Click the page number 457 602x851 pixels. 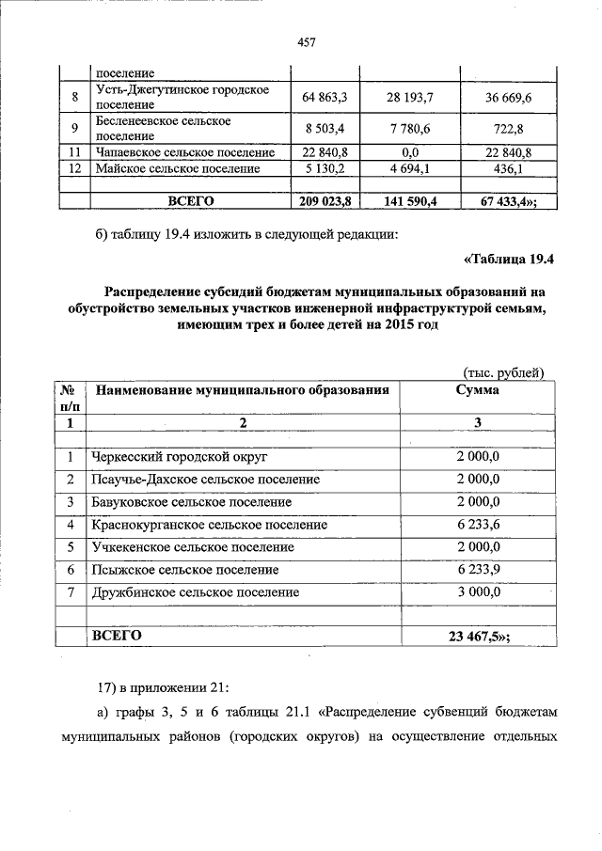point(305,41)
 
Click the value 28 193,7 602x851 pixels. point(411,98)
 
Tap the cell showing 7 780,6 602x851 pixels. point(411,129)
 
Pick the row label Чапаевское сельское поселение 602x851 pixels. point(184,152)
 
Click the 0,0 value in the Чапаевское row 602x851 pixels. point(411,152)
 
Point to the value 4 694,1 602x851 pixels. point(411,168)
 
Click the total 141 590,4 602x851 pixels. point(411,200)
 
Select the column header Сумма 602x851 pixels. point(477,389)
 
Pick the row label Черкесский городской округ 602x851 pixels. point(180,457)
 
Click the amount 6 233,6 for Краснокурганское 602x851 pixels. point(477,525)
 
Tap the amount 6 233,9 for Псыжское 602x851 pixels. point(477,570)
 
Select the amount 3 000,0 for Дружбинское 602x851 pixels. point(477,592)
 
